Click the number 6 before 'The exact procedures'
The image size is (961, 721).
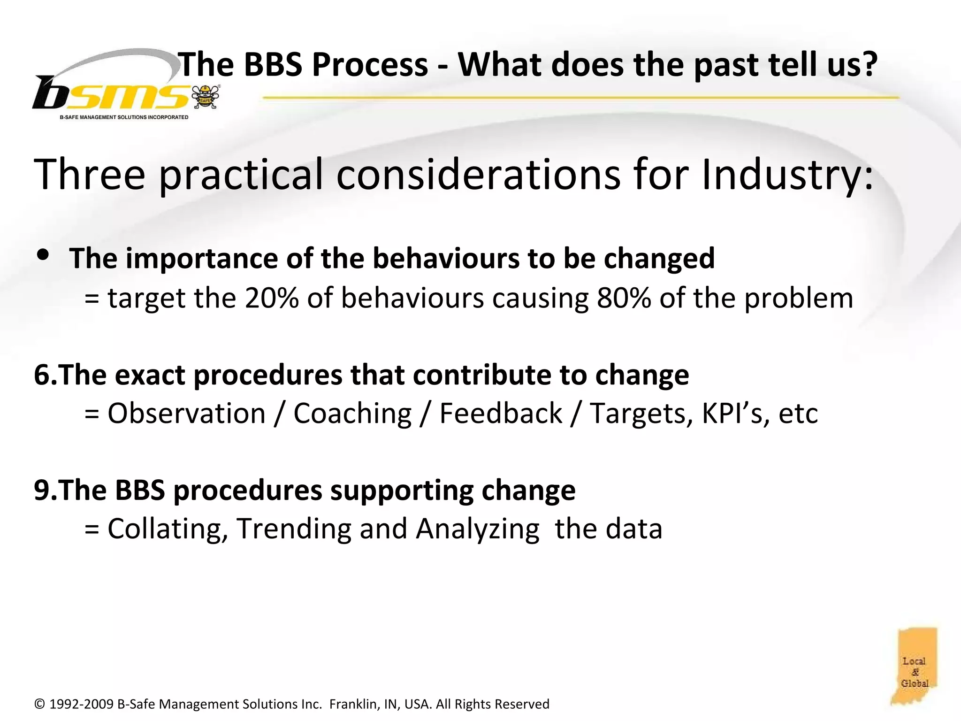pos(41,375)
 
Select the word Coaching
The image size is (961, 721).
pos(352,414)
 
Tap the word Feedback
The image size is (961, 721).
pos(500,414)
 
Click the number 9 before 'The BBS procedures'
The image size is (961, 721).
pos(41,491)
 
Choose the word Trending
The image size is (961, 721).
pos(294,529)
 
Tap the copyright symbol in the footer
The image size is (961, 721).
pos(39,704)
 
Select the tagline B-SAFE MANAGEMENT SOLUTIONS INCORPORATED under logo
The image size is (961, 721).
pos(124,117)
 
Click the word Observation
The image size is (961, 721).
pos(187,414)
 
